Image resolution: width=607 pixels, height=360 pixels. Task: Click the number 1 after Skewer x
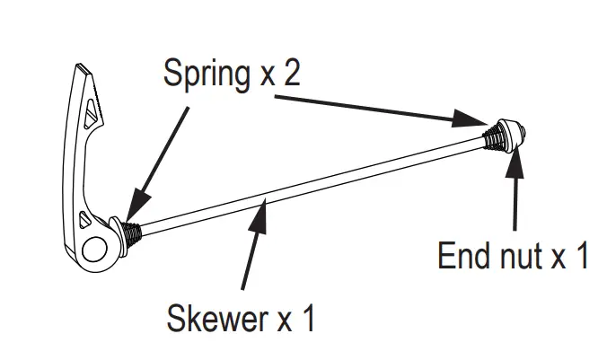308,318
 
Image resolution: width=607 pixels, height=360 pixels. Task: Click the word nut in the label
516,257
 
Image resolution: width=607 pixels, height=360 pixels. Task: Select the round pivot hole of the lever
92,248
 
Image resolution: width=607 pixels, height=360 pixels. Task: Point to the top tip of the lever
83,68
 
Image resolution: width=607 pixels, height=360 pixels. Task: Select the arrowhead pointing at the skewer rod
262,210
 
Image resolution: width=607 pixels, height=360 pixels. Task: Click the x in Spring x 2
266,75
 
